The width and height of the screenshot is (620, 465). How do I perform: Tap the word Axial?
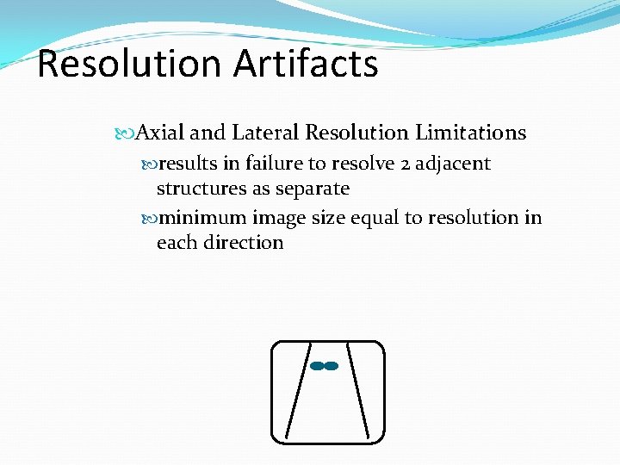point(160,133)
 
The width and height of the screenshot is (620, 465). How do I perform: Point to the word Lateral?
point(265,133)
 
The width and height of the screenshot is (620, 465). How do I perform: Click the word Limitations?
point(470,133)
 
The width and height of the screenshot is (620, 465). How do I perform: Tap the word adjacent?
point(453,164)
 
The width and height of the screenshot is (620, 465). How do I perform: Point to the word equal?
point(374,219)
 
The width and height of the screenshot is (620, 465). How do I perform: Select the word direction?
point(244,242)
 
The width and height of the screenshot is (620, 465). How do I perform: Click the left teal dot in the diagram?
point(317,366)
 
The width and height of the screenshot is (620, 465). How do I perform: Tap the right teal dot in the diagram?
point(332,366)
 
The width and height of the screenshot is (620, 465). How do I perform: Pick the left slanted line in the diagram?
point(298,387)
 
